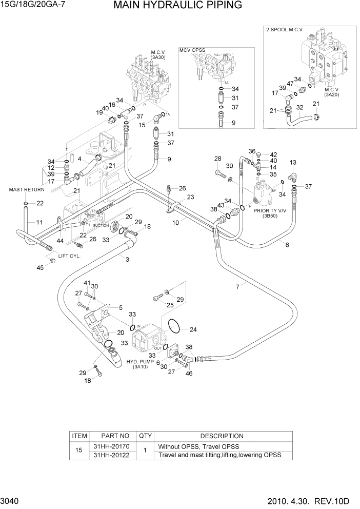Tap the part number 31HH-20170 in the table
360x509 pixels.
point(112,446)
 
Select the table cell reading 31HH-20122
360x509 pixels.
point(112,455)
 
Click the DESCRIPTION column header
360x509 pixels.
point(222,436)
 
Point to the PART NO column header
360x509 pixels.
point(112,436)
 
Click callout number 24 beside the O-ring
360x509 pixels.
point(193,329)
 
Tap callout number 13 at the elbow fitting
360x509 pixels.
point(293,163)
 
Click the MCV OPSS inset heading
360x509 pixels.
point(192,50)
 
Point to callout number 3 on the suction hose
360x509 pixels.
point(127,259)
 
